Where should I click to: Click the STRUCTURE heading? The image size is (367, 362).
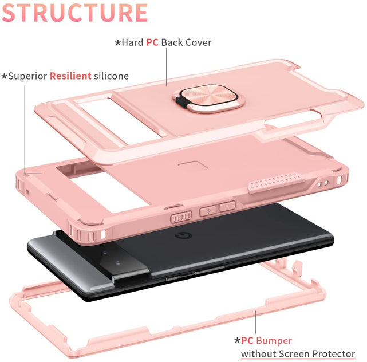coord(74,13)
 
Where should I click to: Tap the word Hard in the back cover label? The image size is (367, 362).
coord(132,42)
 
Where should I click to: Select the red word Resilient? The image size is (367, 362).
coord(70,76)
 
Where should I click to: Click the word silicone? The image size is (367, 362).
coord(111,76)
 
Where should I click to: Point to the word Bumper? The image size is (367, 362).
coord(274,340)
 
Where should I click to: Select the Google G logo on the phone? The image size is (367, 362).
coord(183,236)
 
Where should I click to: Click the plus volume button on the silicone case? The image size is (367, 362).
coord(208,211)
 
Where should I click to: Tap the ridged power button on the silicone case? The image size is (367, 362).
coord(181,217)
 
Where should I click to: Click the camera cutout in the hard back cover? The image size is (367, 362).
coord(108,119)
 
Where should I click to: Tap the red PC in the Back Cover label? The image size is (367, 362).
coord(152,42)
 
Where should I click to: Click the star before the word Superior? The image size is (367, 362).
coord(4,76)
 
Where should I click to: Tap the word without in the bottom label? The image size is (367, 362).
coord(259,354)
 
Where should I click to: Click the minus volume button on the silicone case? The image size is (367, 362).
coord(227,206)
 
